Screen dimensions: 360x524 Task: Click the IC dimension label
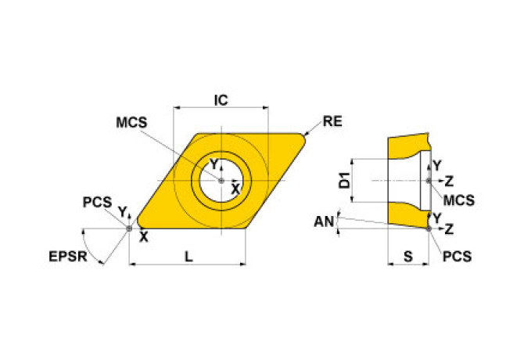[221, 100]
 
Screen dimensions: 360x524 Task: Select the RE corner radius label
[332, 122]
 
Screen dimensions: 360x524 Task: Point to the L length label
[188, 255]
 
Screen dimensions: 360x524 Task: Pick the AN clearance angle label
[323, 222]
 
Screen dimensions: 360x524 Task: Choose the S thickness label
[407, 255]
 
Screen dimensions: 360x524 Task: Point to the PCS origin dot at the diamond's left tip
[130, 228]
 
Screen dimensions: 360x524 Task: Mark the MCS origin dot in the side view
[429, 181]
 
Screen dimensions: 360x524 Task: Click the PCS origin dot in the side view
[429, 229]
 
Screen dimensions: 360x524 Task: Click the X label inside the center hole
[235, 189]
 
